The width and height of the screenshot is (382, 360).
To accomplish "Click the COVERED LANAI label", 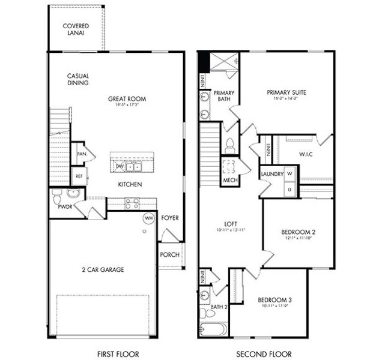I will pos(76,29).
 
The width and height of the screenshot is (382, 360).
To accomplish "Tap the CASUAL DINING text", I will pos(78,79).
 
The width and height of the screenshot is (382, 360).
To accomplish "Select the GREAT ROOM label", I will pos(127,99).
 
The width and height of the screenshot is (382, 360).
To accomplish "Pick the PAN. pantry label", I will pos(81,154).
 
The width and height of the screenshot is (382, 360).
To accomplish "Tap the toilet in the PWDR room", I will pos(56,197).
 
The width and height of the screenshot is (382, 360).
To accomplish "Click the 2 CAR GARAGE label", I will pos(103,269).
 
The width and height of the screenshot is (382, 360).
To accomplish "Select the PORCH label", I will pos(169,254).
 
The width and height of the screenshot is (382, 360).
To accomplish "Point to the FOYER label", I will pos(170,218).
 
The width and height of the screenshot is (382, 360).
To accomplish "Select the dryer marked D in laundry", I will pos(289,189).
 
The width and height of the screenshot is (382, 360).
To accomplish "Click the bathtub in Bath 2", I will pos(213,329).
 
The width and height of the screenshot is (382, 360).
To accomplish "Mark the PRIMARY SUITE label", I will pos(286,92).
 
